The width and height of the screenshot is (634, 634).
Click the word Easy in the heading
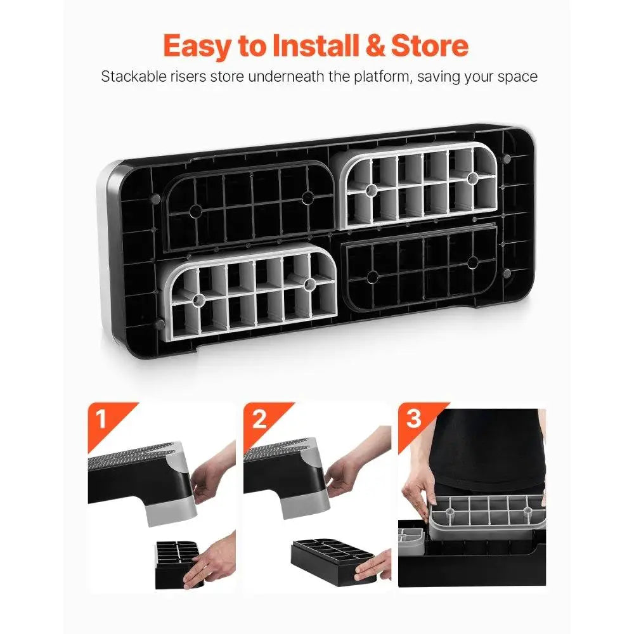click(197, 46)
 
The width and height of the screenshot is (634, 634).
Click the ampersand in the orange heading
click(375, 45)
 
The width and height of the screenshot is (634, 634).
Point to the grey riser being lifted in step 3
click(487, 517)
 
